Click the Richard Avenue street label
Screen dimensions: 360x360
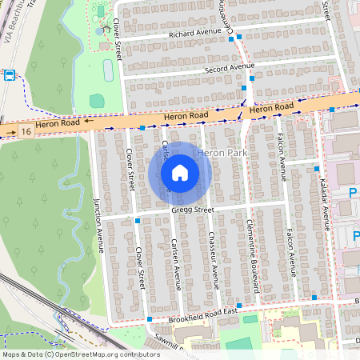click(x=194, y=33)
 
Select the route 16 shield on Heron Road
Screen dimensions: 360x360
click(x=27, y=130)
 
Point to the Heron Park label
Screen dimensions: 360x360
click(x=220, y=152)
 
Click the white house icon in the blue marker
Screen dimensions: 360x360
click(x=180, y=172)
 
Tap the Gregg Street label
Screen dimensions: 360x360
click(x=194, y=210)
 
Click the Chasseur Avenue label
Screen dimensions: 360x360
click(x=214, y=259)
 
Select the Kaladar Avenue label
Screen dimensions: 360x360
click(x=326, y=205)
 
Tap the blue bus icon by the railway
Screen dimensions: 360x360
click(x=10, y=76)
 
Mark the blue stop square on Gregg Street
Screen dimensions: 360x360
click(x=138, y=220)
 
